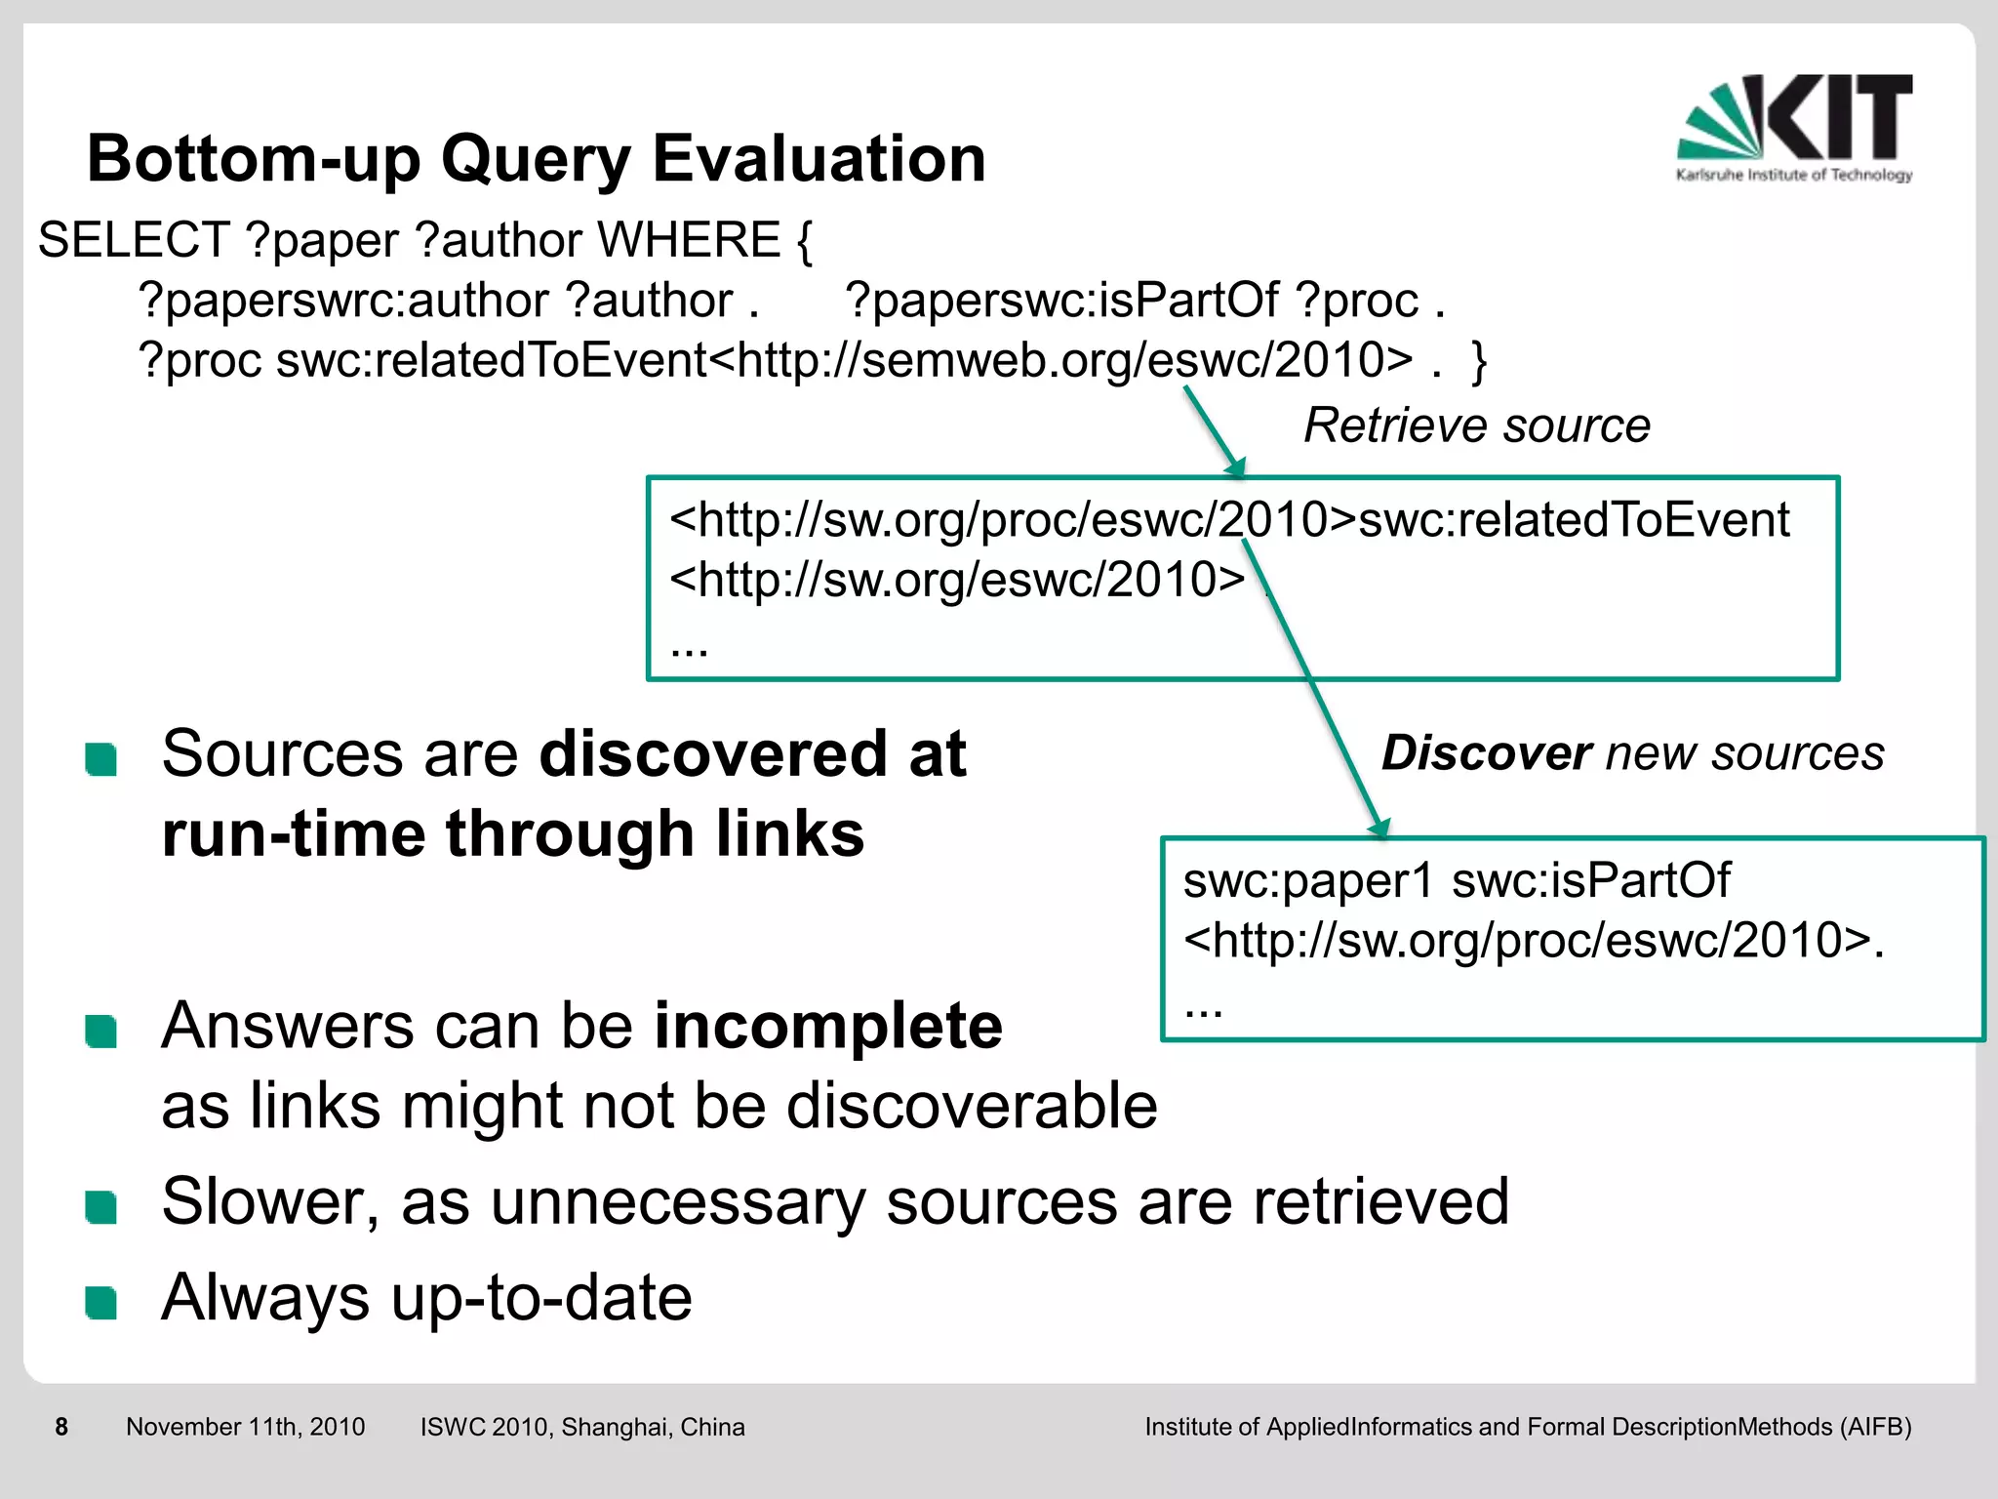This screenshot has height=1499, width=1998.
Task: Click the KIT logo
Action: [x=1795, y=127]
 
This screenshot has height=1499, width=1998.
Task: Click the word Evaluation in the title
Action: [x=819, y=159]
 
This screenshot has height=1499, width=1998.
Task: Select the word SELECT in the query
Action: [x=134, y=240]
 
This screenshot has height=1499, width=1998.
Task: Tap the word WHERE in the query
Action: [x=689, y=240]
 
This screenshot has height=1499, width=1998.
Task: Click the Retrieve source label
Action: [x=1476, y=425]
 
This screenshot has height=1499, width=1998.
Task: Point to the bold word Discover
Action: [x=1486, y=753]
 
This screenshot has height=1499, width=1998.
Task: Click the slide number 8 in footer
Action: [x=61, y=1427]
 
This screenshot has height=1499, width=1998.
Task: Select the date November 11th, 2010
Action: [x=245, y=1427]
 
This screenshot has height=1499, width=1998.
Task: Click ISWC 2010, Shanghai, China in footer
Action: [x=582, y=1427]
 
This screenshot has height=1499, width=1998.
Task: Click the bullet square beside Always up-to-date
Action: [x=101, y=1302]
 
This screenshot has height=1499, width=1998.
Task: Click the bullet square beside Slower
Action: [x=101, y=1206]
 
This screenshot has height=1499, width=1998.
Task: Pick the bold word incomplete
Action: [x=827, y=1027]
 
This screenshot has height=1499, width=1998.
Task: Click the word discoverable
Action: [x=972, y=1107]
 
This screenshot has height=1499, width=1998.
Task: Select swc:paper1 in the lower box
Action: [x=1307, y=880]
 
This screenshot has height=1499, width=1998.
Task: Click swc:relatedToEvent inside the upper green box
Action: [x=1573, y=520]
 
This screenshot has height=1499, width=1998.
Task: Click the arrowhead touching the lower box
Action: [x=1379, y=829]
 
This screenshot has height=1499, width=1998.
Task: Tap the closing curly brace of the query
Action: [x=1479, y=361]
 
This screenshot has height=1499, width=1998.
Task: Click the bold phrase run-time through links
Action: [x=513, y=835]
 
